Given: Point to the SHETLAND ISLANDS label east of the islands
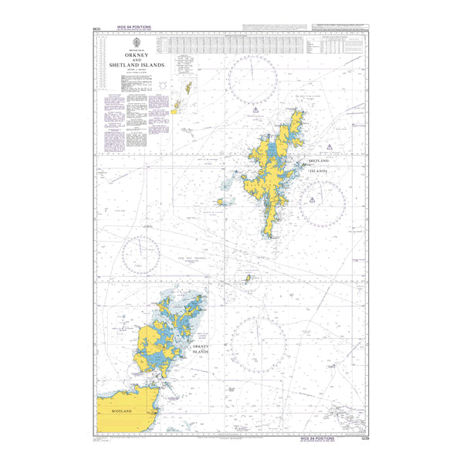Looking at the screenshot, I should (318, 166).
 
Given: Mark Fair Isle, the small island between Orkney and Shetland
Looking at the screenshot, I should (248, 279).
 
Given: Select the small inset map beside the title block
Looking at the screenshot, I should (185, 95).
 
